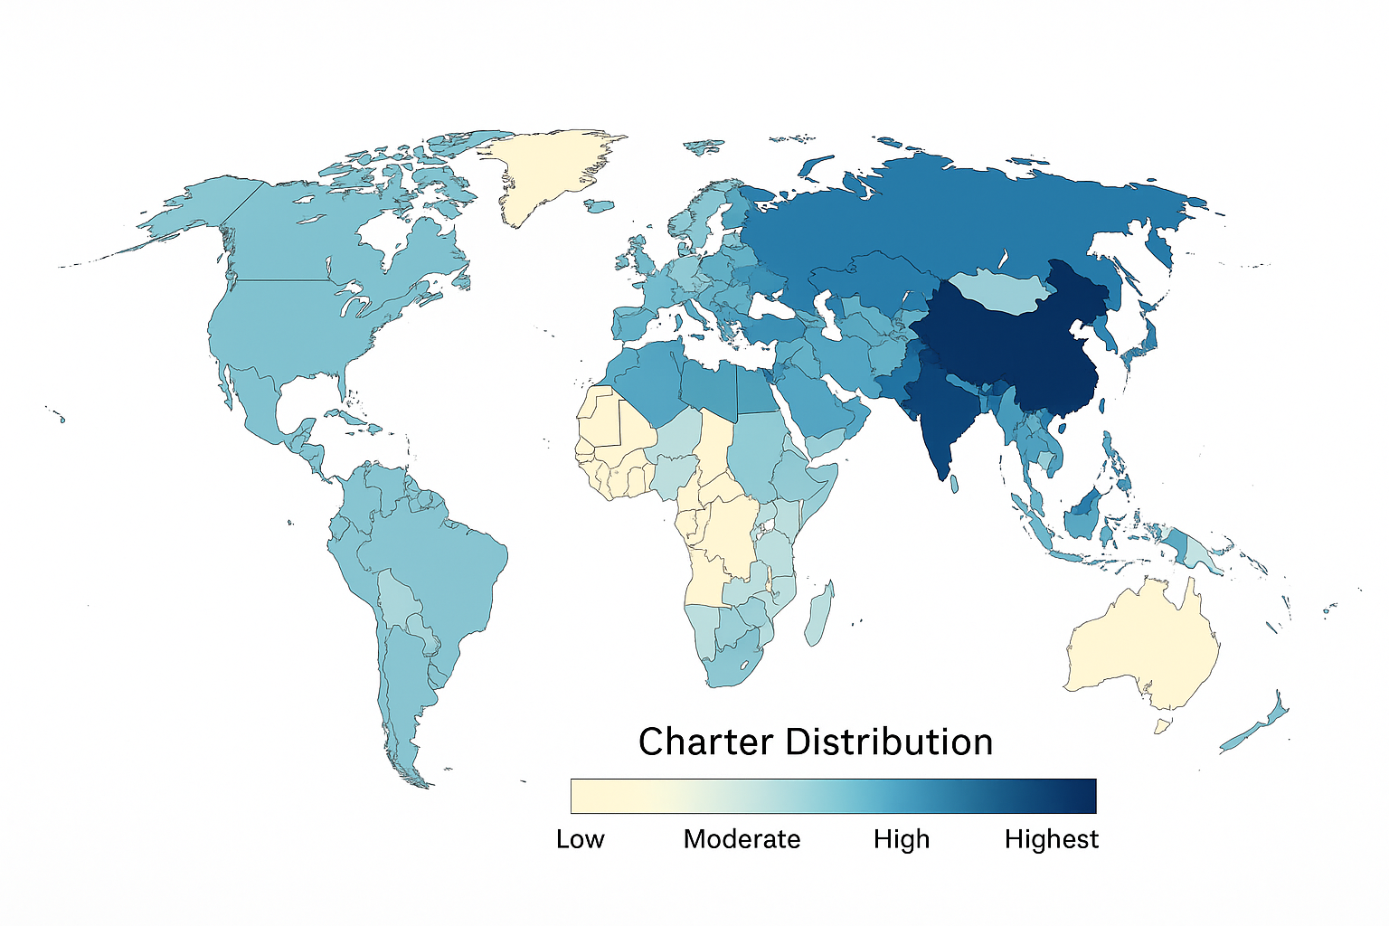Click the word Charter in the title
pyautogui.click(x=705, y=742)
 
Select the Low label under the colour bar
pyautogui.click(x=580, y=839)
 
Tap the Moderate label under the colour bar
pyautogui.click(x=742, y=839)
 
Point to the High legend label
pyautogui.click(x=901, y=839)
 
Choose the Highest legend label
pyautogui.click(x=1051, y=839)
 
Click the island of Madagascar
pyautogui.click(x=820, y=615)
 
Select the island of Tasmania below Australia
pyautogui.click(x=1162, y=725)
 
